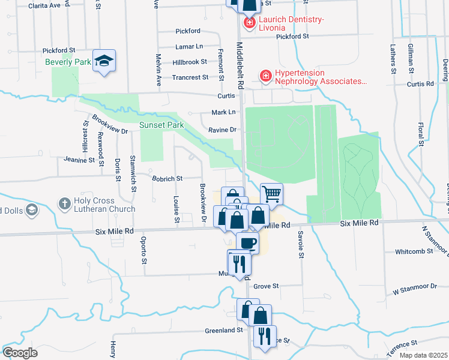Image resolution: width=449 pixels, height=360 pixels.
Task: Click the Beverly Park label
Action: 67,62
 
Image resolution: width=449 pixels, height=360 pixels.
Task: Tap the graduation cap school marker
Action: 104,61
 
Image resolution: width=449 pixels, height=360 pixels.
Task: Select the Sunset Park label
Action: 161,125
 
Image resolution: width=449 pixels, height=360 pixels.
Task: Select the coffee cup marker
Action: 247,242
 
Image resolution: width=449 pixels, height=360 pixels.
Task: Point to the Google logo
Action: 20,352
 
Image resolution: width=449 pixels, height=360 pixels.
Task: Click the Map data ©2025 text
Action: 423,355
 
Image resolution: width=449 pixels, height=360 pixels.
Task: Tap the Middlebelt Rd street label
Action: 240,66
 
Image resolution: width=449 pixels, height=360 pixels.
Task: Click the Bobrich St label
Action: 167,178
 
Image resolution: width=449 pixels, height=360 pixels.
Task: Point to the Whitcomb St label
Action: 414,251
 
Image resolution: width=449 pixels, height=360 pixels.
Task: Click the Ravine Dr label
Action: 223,129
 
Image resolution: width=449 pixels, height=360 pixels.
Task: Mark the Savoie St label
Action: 298,241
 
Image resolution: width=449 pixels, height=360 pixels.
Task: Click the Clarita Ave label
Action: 46,5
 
